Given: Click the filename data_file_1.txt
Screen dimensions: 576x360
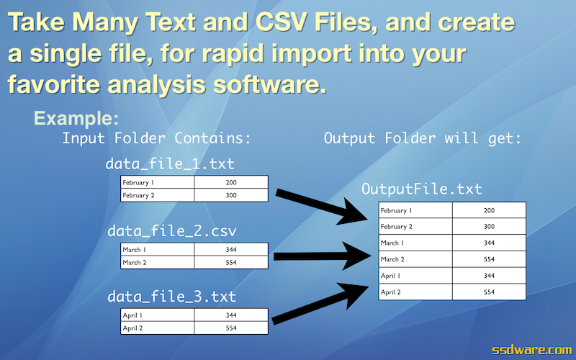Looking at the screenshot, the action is pos(170,164).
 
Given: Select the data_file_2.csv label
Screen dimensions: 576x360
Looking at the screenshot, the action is pos(171,231).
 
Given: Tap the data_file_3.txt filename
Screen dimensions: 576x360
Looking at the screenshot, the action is pos(171,297).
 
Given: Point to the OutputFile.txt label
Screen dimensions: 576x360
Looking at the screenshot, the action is pos(421,189).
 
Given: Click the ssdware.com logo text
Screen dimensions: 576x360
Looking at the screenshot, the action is pos(532,350).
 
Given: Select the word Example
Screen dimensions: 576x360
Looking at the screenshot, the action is pos(76,118).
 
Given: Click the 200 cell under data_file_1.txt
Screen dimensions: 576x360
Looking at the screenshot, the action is pos(231,182).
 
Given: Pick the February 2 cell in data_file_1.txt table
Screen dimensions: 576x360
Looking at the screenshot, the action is pos(157,195).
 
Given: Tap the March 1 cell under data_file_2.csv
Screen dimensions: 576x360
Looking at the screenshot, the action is pos(157,249).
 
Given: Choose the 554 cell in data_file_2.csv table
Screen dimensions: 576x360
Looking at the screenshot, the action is pos(231,262).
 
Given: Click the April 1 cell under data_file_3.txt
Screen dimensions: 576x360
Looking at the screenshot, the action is pos(157,315).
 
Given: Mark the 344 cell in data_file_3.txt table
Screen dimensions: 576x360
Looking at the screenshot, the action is pos(231,315).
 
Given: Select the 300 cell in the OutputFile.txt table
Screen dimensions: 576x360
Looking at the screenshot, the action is pos(489,227).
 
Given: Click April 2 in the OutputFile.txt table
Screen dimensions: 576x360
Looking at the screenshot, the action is pos(415,292).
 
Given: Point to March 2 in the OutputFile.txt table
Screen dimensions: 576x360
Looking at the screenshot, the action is pos(415,259).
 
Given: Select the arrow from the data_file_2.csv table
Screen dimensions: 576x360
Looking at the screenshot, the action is pos(322,256).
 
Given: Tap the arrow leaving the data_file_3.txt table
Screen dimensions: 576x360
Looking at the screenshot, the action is pos(320,303).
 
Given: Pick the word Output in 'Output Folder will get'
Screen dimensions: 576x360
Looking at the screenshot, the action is pos(350,138).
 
